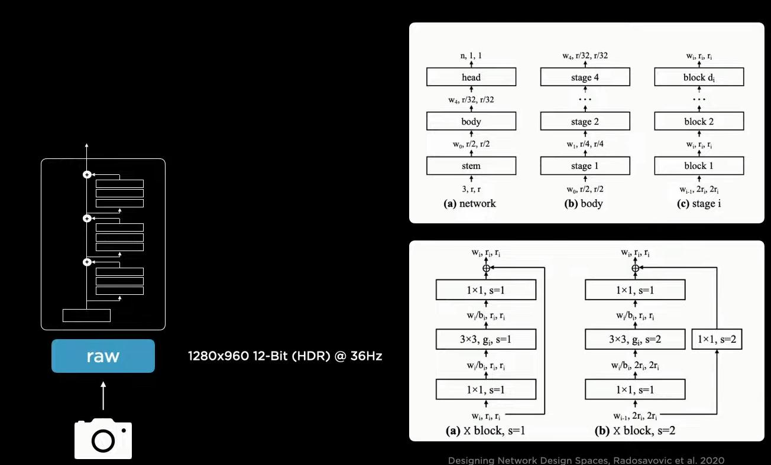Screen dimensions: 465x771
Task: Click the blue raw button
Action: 103,356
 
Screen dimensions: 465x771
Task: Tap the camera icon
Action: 103,438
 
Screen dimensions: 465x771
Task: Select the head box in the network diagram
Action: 471,77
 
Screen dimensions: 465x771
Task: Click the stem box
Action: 471,166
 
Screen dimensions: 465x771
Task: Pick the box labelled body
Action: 471,122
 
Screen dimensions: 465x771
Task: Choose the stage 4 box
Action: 585,77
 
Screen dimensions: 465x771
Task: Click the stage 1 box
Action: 585,166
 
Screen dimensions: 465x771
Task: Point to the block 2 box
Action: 699,122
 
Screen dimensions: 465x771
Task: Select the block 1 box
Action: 699,166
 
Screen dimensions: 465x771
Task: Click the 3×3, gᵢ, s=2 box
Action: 635,340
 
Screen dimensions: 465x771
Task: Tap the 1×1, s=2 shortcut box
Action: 717,340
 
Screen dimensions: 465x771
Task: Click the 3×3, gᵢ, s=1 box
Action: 485,340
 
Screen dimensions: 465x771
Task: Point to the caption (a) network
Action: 470,204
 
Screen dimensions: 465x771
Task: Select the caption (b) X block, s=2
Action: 635,431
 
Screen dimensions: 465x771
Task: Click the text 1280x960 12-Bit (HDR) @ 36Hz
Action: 285,356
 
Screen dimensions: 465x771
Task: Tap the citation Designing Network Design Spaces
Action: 586,460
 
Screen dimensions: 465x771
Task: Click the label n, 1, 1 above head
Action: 471,56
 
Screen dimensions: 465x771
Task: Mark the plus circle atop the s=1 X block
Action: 487,268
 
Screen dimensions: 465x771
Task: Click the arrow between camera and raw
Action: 103,396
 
